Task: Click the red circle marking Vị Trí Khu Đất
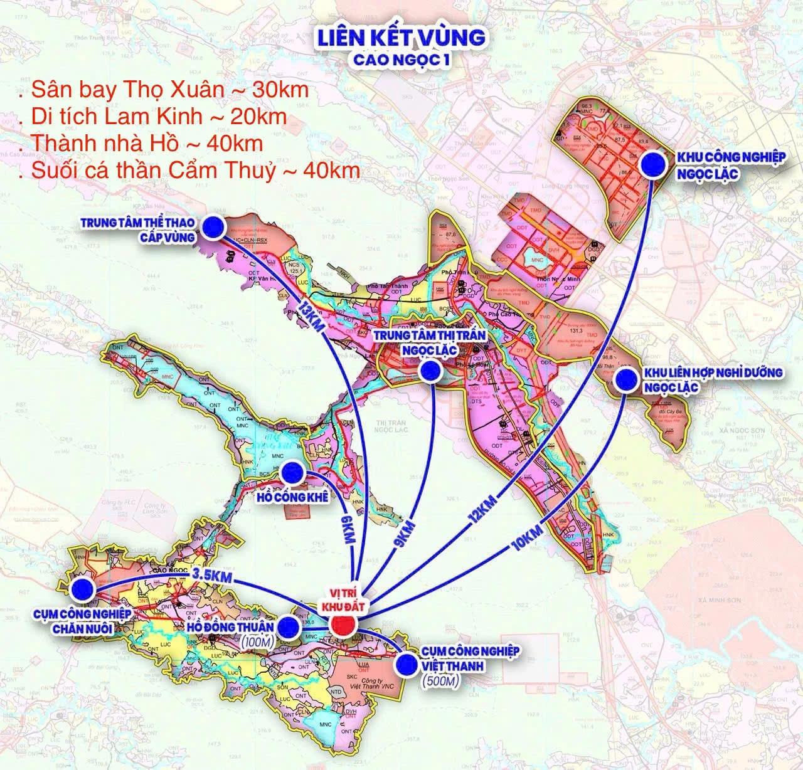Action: click(x=343, y=625)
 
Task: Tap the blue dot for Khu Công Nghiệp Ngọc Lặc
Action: click(x=654, y=164)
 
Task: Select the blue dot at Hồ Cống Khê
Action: click(x=294, y=472)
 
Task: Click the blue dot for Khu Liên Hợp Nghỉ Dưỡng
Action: click(x=627, y=381)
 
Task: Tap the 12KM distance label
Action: click(x=482, y=509)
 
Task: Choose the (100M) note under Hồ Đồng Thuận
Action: click(x=255, y=642)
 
